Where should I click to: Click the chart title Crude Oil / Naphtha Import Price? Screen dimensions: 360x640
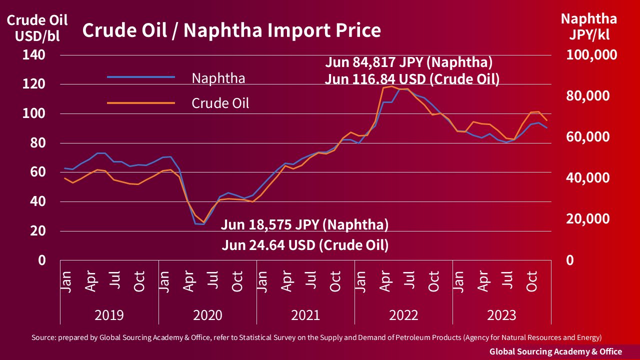[x=231, y=30]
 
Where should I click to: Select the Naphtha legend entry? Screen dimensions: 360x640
[x=218, y=78]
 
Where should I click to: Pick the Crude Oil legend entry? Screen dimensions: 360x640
[x=220, y=103]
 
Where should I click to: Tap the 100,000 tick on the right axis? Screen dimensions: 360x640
[x=591, y=55]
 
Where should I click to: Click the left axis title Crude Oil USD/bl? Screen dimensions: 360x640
[x=37, y=28]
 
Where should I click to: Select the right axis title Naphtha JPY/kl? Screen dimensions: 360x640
[x=588, y=26]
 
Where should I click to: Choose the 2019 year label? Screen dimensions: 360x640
[x=109, y=315]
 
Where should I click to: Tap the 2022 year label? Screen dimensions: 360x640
[x=403, y=315]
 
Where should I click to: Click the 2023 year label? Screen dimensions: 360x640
[x=501, y=315]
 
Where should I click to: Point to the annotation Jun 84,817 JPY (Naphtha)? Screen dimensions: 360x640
[x=409, y=63]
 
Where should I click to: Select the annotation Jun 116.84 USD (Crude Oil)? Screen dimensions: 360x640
[x=412, y=79]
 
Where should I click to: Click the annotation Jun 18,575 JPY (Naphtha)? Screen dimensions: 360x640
[x=304, y=225]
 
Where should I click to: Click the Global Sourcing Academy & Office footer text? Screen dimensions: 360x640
[x=555, y=351]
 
